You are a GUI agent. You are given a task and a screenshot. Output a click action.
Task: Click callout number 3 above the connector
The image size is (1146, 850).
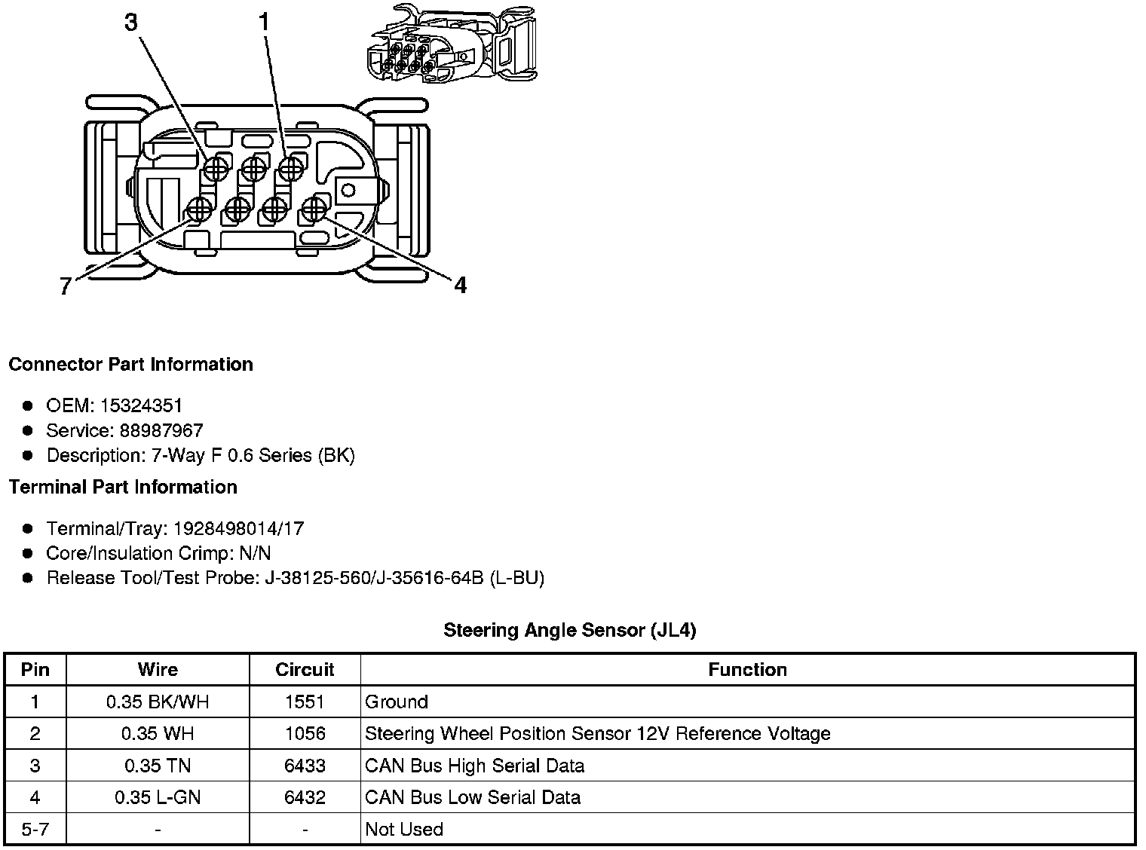131,23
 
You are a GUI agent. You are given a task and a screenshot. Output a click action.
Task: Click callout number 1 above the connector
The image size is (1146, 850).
264,23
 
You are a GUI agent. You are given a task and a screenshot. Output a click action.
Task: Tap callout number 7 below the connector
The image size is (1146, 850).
66,286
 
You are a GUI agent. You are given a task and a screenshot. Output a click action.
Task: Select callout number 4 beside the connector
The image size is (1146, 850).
460,285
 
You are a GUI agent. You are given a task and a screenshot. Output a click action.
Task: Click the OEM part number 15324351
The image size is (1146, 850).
141,406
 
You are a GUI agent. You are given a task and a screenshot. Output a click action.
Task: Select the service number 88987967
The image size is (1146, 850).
161,431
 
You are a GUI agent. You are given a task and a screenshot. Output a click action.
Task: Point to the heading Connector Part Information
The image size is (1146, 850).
130,365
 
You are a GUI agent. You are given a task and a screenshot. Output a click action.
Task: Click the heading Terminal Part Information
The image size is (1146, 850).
123,488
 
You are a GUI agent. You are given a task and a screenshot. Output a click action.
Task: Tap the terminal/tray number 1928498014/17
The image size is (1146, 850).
239,529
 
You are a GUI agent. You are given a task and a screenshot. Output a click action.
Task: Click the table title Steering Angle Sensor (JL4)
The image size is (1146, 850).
569,630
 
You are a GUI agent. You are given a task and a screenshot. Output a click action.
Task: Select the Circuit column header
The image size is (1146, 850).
305,670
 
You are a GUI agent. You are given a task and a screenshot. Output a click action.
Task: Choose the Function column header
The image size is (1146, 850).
747,670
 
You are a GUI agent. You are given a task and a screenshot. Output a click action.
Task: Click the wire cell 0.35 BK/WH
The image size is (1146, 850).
158,702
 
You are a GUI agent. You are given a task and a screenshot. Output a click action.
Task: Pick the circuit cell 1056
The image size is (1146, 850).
305,734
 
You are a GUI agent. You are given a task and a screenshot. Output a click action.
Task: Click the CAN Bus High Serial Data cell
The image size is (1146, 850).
474,766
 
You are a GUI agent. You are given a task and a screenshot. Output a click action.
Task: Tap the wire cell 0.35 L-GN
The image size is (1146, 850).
158,798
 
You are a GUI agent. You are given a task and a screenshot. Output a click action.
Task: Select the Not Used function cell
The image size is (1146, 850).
404,830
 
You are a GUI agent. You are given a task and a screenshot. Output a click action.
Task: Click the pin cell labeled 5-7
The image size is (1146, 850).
35,830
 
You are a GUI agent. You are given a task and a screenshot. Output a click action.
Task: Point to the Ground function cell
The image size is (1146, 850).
397,702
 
